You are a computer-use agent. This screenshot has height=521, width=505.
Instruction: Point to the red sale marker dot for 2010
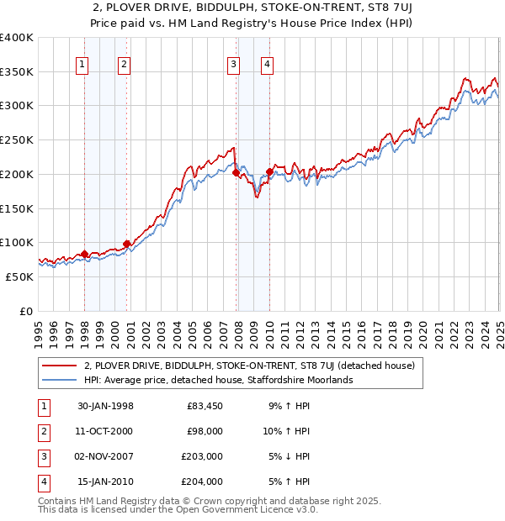coord(269,172)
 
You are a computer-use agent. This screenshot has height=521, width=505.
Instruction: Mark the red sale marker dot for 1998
coord(85,254)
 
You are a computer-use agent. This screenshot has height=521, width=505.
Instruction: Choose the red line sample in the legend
coord(60,366)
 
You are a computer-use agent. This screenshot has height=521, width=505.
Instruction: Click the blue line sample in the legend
coord(60,380)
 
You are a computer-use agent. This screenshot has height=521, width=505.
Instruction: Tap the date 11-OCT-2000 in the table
coord(104,431)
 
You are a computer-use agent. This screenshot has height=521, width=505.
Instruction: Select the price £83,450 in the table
coord(205,406)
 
